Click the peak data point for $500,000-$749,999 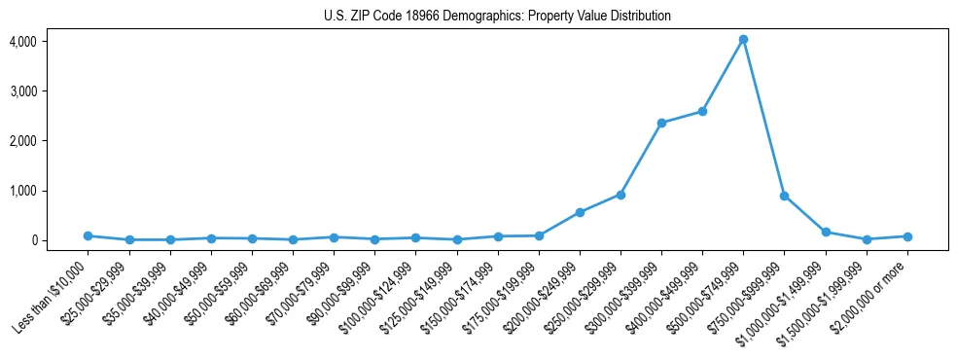(743, 40)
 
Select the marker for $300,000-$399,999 (661, 123)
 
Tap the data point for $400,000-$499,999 (702, 111)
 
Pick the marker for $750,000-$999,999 (784, 196)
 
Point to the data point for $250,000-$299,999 (620, 195)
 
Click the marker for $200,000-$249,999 (580, 212)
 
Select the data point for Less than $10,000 (89, 235)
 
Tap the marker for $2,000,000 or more (907, 236)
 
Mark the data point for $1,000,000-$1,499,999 (826, 232)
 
